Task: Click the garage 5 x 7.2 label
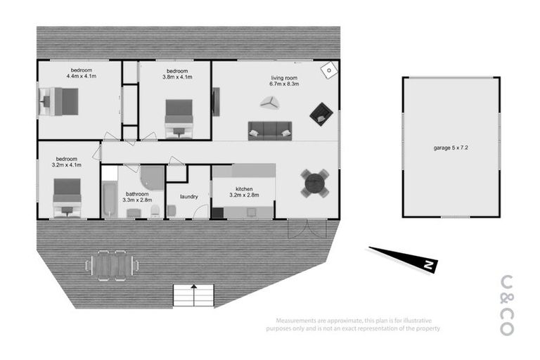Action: (451, 149)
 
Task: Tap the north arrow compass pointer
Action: (404, 258)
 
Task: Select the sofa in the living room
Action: (269, 131)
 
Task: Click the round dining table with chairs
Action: (314, 184)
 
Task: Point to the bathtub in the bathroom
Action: (110, 200)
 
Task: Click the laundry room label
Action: (188, 197)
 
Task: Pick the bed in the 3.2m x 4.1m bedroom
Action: (67, 196)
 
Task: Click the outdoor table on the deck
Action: (112, 264)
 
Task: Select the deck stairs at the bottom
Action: (193, 295)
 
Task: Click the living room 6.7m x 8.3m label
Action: (283, 81)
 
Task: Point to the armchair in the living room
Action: (321, 114)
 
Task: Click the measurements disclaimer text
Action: (353, 324)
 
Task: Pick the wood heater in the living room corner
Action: (329, 70)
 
